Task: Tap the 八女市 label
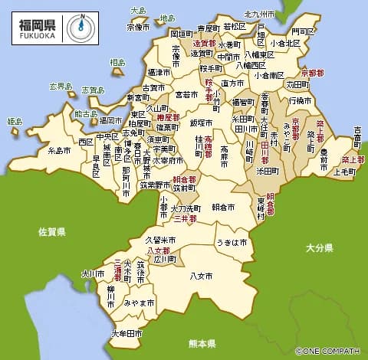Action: (x=201, y=275)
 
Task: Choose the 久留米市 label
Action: (x=161, y=240)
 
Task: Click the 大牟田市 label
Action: (x=127, y=334)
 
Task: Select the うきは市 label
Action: (x=232, y=242)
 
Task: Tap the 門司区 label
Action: (x=303, y=32)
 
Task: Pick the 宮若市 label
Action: (x=186, y=95)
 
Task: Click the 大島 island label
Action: (x=138, y=11)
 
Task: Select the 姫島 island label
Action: (x=15, y=121)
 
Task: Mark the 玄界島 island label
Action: (x=59, y=86)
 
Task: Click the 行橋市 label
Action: (x=300, y=100)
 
